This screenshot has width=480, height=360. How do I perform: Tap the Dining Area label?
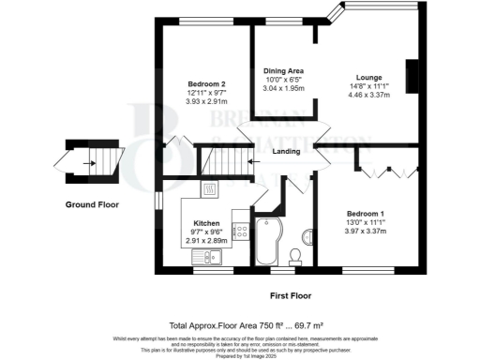(x=282, y=71)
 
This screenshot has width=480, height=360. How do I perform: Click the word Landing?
(x=286, y=152)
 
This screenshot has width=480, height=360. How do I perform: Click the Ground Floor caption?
(x=90, y=203)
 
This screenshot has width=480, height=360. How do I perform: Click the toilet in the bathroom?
(x=295, y=254)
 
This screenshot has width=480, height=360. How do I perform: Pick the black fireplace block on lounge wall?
(x=411, y=74)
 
